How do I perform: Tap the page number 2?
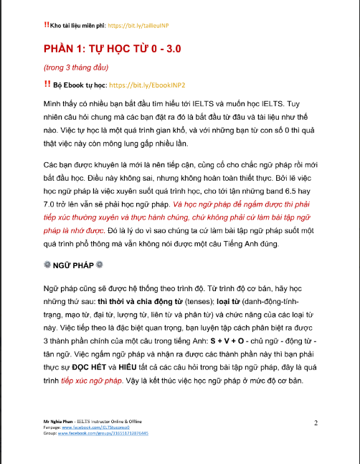pyautogui.click(x=316, y=423)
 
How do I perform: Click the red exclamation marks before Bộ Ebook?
pyautogui.click(x=47, y=85)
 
